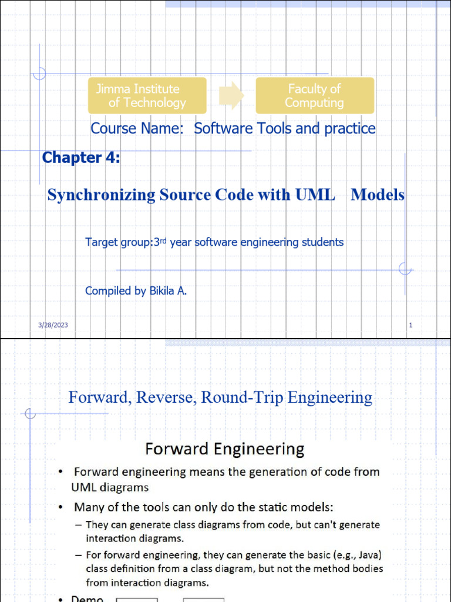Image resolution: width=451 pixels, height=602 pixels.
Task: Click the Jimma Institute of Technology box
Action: [147, 96]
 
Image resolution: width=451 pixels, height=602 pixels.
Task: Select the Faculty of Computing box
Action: [315, 96]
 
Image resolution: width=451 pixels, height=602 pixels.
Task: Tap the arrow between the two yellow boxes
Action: [231, 96]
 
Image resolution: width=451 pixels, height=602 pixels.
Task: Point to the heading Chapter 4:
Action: [81, 158]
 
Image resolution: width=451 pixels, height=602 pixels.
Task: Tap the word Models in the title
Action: [378, 195]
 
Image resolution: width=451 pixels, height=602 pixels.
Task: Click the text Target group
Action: [118, 242]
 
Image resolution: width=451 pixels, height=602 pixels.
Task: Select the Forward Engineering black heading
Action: [224, 450]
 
